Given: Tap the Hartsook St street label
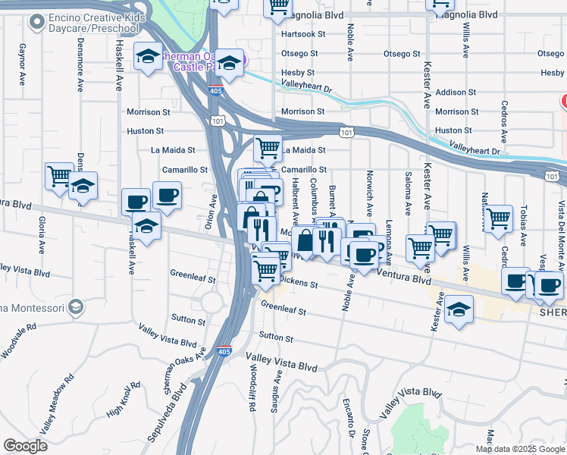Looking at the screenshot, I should (x=302, y=34).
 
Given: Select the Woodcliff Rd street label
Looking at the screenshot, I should (x=251, y=392).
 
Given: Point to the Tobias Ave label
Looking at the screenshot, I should (x=522, y=224).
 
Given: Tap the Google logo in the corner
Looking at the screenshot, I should (x=25, y=446).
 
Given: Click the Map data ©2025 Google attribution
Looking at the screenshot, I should (x=519, y=449).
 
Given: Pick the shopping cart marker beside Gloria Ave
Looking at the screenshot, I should (x=59, y=176).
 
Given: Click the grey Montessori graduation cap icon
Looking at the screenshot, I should (x=75, y=307).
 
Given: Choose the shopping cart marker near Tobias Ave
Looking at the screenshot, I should (x=498, y=218).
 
